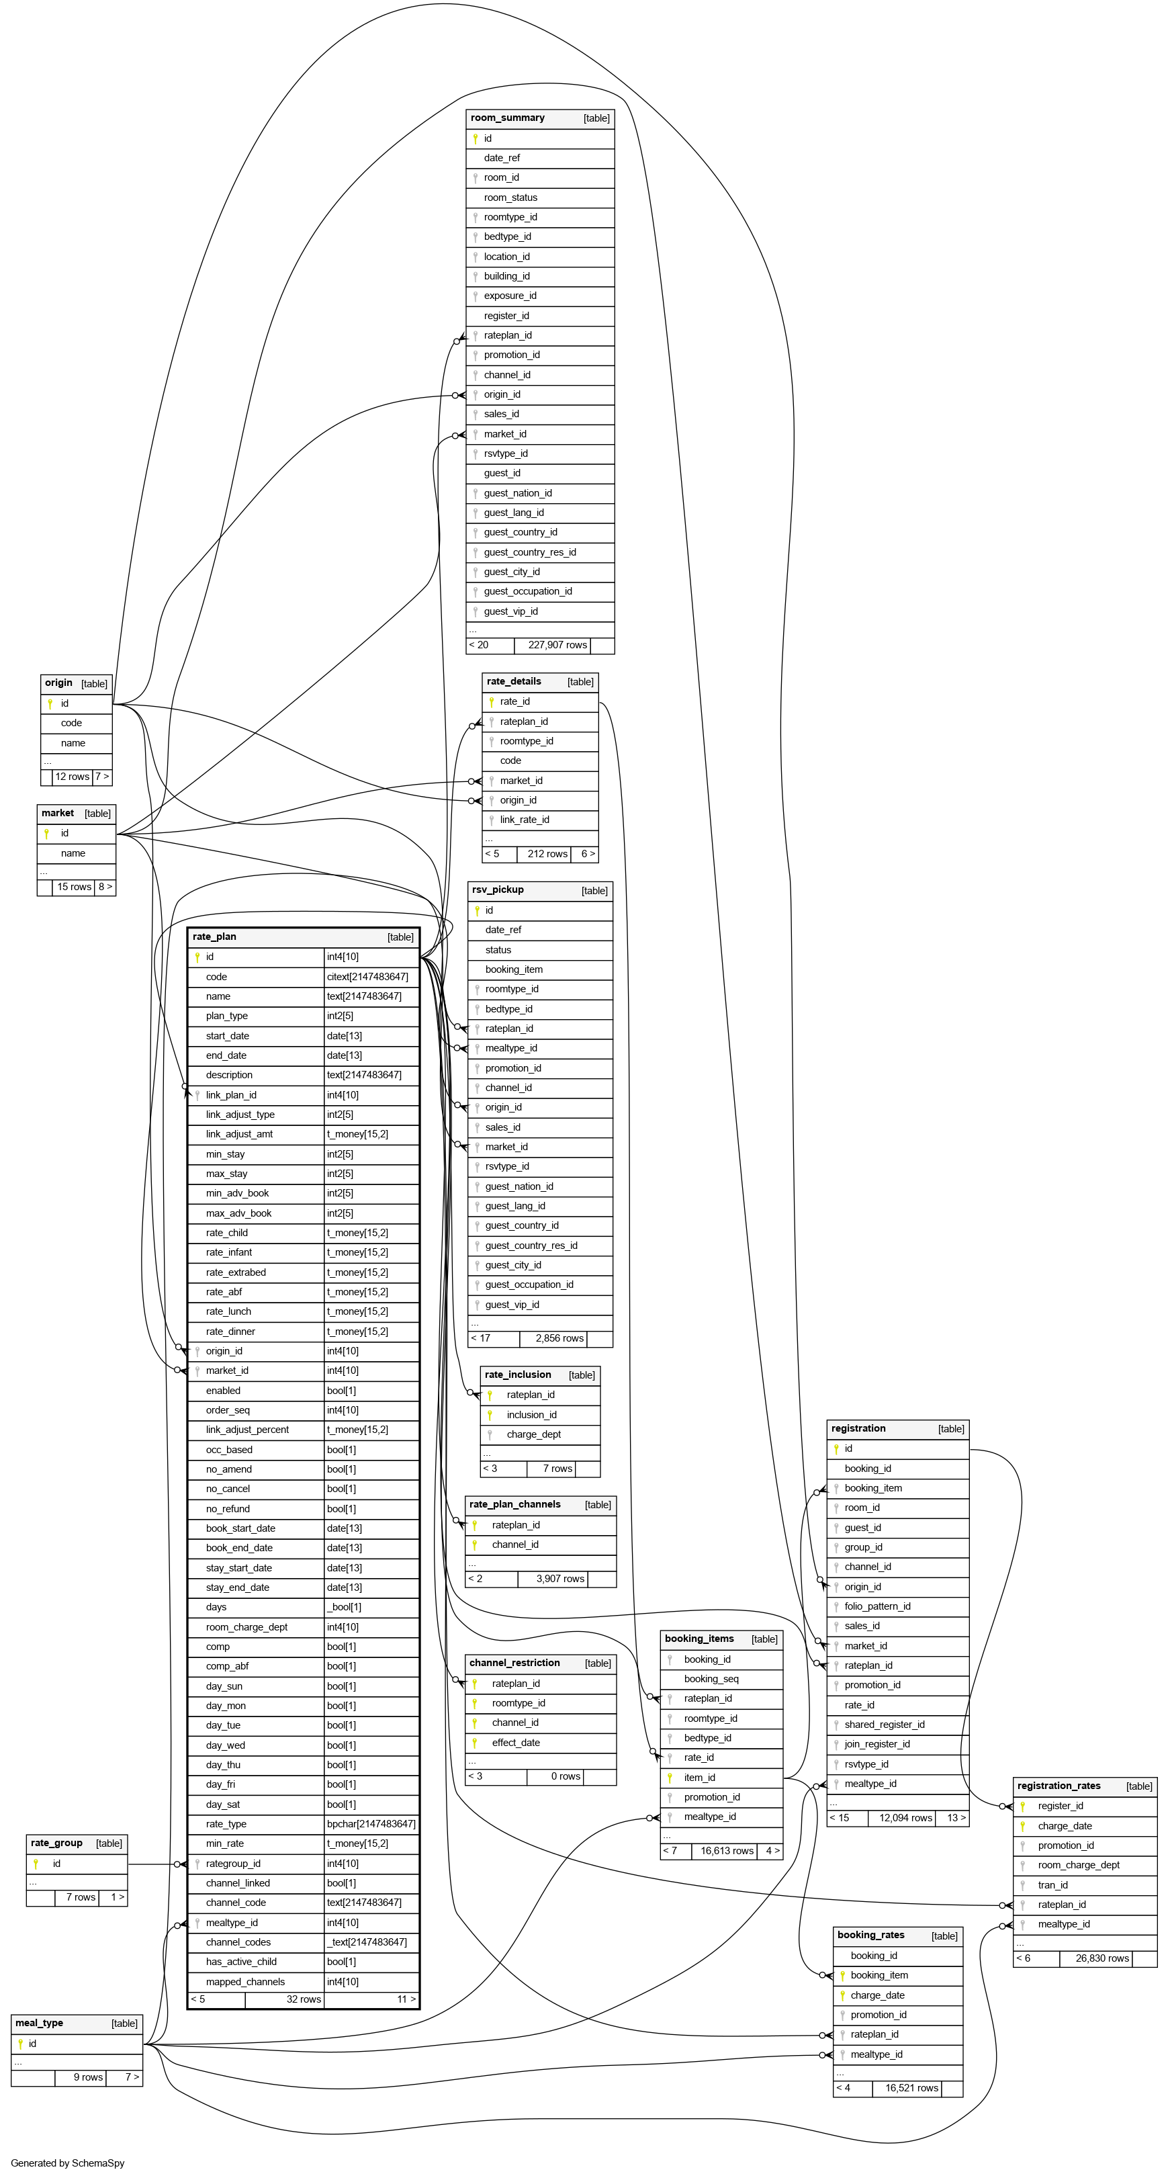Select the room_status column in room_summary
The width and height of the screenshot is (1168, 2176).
tap(510, 198)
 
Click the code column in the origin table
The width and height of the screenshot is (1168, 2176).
tap(71, 723)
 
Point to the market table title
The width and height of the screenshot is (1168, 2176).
tap(58, 814)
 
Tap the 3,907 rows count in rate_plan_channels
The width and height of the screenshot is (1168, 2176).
tap(560, 1579)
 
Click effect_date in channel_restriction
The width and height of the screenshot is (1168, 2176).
tap(515, 1743)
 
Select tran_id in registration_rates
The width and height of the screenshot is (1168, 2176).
tap(1052, 1885)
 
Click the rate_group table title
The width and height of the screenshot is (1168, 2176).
tap(56, 1843)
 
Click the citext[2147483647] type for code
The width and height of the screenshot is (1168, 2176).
tap(367, 977)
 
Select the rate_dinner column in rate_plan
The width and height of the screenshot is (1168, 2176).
tap(230, 1332)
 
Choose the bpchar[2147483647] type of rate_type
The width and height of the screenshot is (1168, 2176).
tap(371, 1825)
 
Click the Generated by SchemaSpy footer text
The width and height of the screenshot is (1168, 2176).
tap(68, 2163)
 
